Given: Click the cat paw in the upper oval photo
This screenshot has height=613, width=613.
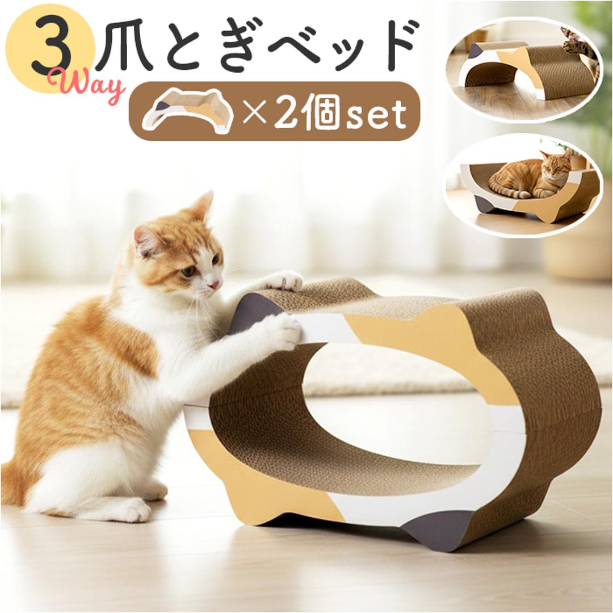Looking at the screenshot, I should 573,45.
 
